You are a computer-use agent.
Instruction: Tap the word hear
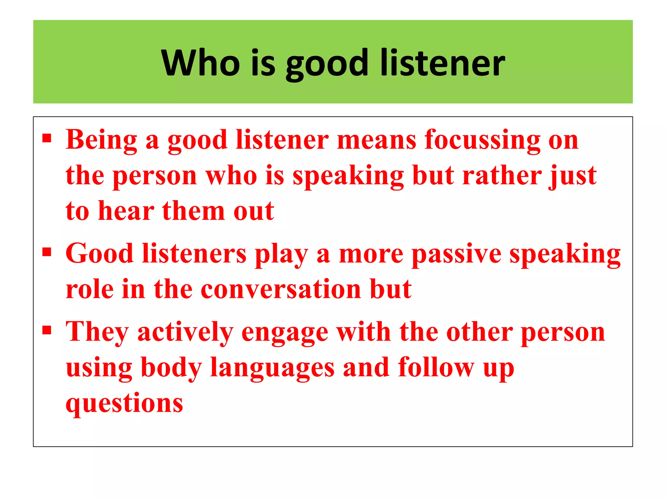126,211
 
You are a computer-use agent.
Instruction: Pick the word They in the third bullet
97,332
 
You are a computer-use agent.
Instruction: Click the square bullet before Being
47,138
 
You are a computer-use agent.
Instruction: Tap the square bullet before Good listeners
47,252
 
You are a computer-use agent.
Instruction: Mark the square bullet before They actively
47,330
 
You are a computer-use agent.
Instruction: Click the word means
377,140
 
